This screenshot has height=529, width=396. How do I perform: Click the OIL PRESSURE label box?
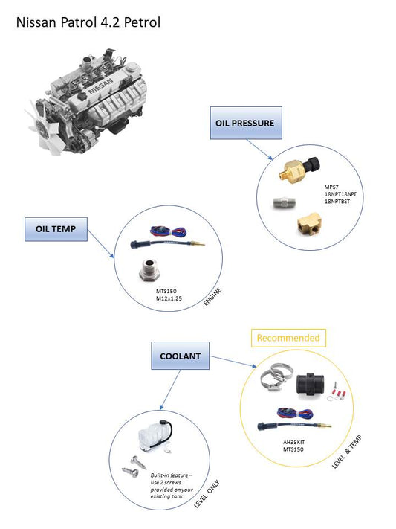(x=244, y=123)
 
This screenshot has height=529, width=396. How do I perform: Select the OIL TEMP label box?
(x=56, y=228)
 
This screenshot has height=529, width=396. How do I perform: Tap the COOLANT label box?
(x=180, y=356)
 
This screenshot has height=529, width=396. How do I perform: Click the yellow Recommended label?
(x=288, y=337)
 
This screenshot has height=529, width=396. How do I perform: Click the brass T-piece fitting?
(x=307, y=221)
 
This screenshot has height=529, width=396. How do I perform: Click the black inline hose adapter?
(x=308, y=384)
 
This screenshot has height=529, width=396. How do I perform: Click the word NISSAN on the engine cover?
(x=102, y=91)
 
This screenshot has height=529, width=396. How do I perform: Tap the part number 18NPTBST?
(x=339, y=200)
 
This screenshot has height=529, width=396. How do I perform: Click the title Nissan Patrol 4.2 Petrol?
(x=88, y=22)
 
